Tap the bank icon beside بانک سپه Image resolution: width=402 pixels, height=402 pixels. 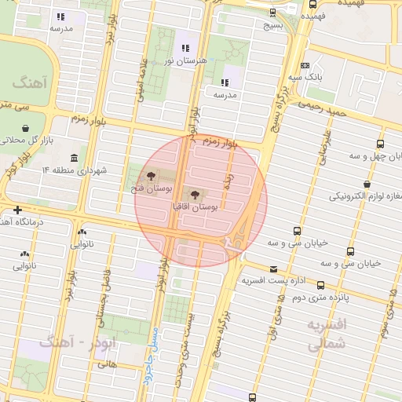pos(305,66)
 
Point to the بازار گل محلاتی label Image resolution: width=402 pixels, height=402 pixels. pos(27,140)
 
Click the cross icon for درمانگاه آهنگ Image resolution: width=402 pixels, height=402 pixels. pos(17,210)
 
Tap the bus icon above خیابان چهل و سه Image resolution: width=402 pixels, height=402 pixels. pos(380,144)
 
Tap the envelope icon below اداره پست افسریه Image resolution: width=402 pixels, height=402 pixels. pos(273,291)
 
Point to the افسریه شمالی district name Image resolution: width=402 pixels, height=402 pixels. pos(325,334)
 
